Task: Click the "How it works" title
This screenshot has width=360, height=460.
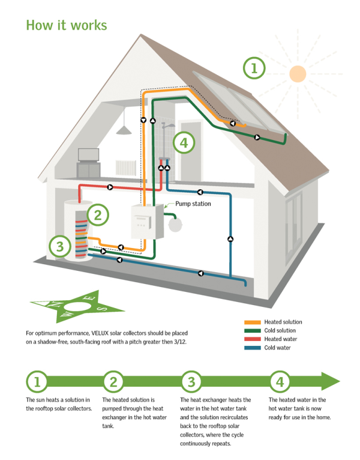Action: click(x=67, y=25)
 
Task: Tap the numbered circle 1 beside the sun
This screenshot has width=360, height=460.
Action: click(x=254, y=68)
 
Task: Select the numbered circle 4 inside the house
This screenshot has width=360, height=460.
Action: click(x=184, y=144)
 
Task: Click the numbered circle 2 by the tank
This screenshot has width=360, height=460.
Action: click(x=98, y=214)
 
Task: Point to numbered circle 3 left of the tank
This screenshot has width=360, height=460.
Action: click(x=59, y=245)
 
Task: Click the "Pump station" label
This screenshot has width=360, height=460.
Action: click(x=193, y=204)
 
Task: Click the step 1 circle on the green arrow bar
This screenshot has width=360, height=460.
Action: click(x=37, y=381)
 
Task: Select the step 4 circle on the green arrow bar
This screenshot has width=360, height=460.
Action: click(x=280, y=381)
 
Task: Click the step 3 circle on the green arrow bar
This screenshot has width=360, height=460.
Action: click(x=191, y=381)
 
